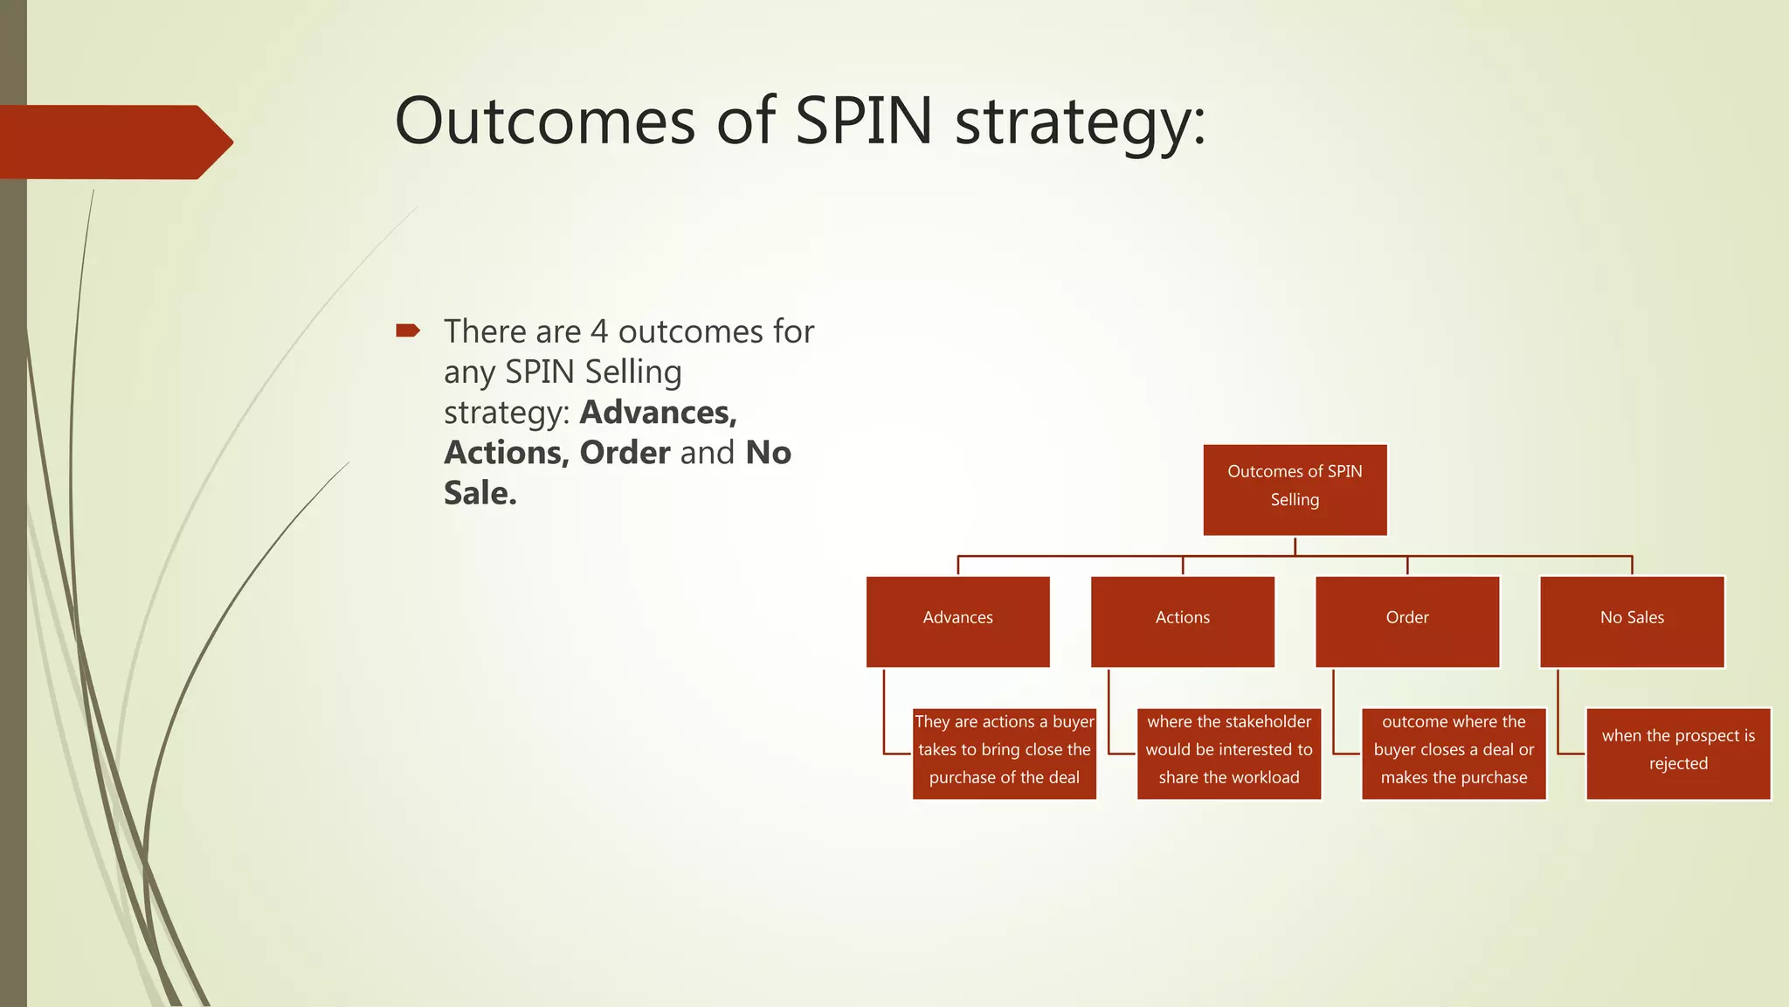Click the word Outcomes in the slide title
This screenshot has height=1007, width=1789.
pyautogui.click(x=544, y=121)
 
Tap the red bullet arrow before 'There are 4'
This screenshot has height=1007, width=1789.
pyautogui.click(x=408, y=330)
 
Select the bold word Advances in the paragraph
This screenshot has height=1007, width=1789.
pyautogui.click(x=658, y=413)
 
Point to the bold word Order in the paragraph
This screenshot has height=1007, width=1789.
pyautogui.click(x=625, y=453)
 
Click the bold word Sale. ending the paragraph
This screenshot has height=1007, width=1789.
pyautogui.click(x=480, y=493)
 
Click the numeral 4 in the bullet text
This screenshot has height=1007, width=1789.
pyautogui.click(x=598, y=332)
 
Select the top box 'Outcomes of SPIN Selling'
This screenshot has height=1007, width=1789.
pyautogui.click(x=1295, y=490)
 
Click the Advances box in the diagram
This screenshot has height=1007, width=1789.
pyautogui.click(x=957, y=622)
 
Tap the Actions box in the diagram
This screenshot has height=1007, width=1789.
pyautogui.click(x=1182, y=622)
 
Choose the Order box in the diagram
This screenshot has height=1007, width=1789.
pyautogui.click(x=1406, y=622)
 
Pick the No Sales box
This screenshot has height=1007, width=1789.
pyautogui.click(x=1632, y=622)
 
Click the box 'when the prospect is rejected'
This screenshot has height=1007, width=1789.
pyautogui.click(x=1678, y=754)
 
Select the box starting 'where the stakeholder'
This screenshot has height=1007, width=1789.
pyautogui.click(x=1228, y=754)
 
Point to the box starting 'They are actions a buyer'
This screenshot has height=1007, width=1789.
pyautogui.click(x=1004, y=754)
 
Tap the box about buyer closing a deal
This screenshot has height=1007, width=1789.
pyautogui.click(x=1454, y=754)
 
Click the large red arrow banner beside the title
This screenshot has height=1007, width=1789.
pyautogui.click(x=114, y=142)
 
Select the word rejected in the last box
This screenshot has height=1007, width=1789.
pyautogui.click(x=1678, y=764)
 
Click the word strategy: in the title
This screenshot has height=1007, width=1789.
pyautogui.click(x=1080, y=122)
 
